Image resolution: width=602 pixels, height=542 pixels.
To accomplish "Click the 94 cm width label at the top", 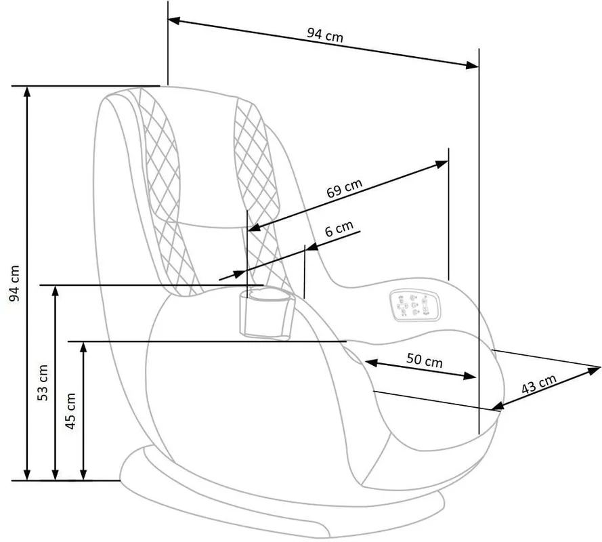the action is pos(325,35).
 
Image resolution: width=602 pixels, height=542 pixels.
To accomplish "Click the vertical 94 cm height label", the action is pos(14,283).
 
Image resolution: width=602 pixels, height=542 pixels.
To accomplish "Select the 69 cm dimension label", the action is pos(345,188).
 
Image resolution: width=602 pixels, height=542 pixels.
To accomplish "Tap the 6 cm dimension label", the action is pos(339,228).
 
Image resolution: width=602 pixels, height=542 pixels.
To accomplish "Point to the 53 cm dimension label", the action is pos(43,383).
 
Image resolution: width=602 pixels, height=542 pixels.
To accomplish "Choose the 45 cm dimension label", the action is pos(70,411).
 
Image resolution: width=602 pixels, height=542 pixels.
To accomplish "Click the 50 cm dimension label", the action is pos(424,360).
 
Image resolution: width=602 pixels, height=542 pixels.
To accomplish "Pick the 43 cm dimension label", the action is pos(538,384).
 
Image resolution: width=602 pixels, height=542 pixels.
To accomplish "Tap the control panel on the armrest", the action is pos(414,305).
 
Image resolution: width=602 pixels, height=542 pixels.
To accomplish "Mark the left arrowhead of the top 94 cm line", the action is pos(173,20).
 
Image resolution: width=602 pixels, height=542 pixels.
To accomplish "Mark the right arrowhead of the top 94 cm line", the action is pos(473,65).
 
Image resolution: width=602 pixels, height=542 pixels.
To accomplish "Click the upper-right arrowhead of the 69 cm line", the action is pos(442,164).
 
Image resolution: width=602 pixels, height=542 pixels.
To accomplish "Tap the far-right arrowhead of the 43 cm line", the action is pos(595,370).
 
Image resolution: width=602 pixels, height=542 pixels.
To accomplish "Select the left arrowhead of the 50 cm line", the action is pos(371,362).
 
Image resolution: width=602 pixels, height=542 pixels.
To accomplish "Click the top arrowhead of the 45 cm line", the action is pos(83,348).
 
